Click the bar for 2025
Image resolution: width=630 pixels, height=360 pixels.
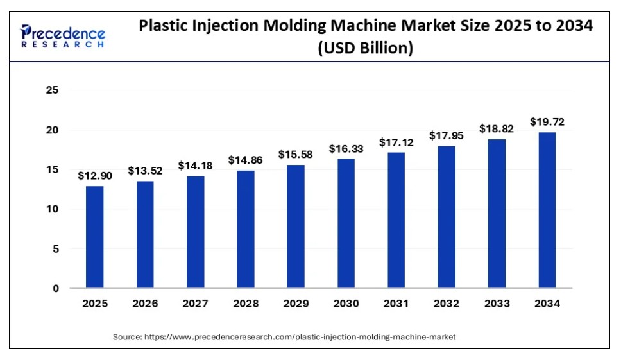(x=94, y=237)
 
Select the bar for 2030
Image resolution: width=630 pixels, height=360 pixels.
(x=346, y=223)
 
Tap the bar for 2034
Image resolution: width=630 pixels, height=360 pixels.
(x=547, y=210)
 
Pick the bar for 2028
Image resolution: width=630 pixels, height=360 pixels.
(x=245, y=228)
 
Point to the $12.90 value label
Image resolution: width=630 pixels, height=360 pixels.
(x=94, y=175)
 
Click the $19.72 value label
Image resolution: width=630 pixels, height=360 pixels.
(x=547, y=121)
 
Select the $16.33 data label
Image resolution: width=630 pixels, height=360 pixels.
(x=346, y=148)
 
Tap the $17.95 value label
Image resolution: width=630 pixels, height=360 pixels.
(x=447, y=135)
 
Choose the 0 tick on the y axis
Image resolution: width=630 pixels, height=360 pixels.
(x=55, y=289)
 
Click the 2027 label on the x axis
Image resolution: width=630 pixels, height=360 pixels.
(x=195, y=304)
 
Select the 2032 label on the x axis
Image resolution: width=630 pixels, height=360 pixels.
(x=447, y=304)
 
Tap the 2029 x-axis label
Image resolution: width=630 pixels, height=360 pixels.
(x=296, y=304)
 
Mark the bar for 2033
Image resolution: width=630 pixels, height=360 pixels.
(x=497, y=213)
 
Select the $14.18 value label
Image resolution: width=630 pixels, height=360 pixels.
(x=195, y=166)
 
